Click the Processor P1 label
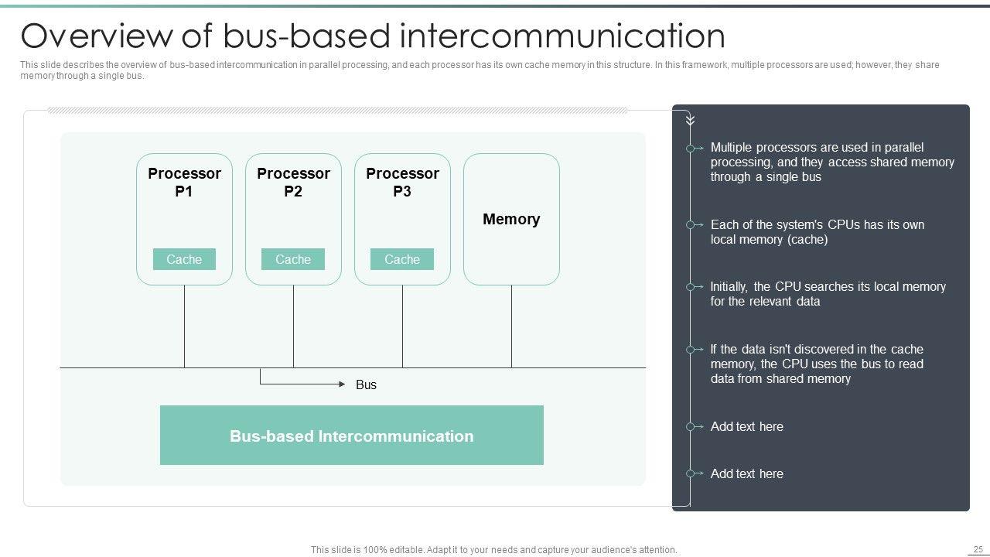click(x=184, y=183)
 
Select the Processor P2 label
click(x=293, y=183)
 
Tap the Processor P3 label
click(x=402, y=183)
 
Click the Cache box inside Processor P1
click(x=184, y=259)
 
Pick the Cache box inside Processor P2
click(x=293, y=259)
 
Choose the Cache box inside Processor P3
click(x=402, y=259)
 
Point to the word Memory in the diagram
click(x=511, y=219)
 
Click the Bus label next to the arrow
click(x=366, y=384)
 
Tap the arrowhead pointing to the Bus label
click(x=343, y=384)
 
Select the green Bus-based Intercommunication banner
click(x=352, y=436)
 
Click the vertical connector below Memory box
click(x=511, y=326)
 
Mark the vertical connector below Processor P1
click(x=184, y=326)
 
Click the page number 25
click(x=978, y=549)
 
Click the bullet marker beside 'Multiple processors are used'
click(x=691, y=148)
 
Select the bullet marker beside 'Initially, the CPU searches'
click(x=691, y=287)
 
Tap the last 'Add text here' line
click(x=746, y=473)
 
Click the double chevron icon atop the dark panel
click(x=690, y=120)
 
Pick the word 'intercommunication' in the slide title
click(x=563, y=36)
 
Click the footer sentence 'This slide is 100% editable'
click(x=493, y=550)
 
